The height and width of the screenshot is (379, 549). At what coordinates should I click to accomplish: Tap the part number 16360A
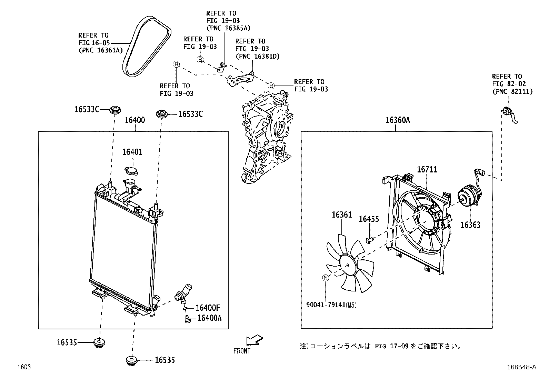tap(398, 120)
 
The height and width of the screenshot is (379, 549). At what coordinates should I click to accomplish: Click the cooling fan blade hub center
tap(347, 265)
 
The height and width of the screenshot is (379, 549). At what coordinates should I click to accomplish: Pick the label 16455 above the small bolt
tap(369, 219)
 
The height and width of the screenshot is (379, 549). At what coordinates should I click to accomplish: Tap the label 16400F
tap(208, 308)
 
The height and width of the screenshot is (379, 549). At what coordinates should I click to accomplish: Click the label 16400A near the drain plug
tap(209, 318)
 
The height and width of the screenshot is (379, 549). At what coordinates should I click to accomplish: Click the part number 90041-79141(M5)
tap(331, 305)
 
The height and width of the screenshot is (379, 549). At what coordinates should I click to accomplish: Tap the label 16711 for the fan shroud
tap(427, 169)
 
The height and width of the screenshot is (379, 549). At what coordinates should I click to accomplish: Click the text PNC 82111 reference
tap(512, 91)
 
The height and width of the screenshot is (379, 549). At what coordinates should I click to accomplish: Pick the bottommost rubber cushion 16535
tap(131, 360)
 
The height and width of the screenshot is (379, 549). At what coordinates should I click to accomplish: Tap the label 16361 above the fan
tap(342, 215)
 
